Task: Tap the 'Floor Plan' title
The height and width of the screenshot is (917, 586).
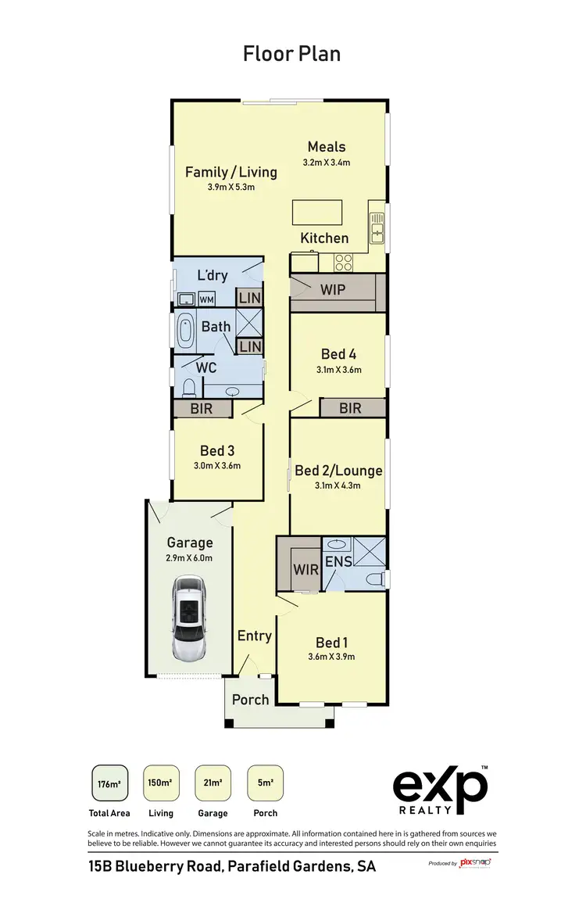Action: [x=291, y=54]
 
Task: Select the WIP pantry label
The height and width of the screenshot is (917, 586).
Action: [x=332, y=289]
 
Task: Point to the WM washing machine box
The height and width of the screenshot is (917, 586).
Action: [x=207, y=299]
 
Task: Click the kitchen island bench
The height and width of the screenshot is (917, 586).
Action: [x=317, y=213]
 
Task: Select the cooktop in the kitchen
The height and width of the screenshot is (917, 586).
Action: [x=342, y=261]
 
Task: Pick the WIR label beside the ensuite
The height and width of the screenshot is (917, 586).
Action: [x=306, y=569]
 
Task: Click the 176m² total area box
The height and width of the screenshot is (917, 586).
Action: [x=109, y=783]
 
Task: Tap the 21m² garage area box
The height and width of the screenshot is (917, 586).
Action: [x=213, y=783]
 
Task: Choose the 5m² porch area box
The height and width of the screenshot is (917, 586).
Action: [x=265, y=783]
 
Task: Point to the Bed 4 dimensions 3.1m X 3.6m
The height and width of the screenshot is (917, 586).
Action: [x=338, y=371]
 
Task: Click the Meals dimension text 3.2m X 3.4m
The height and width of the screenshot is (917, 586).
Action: [x=326, y=163]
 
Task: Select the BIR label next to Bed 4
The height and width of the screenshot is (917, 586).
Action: [x=351, y=408]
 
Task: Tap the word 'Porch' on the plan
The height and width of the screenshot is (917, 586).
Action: [x=251, y=700]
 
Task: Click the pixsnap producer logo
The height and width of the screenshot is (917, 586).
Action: [x=474, y=863]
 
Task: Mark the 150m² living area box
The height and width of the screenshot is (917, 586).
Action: [x=161, y=783]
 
